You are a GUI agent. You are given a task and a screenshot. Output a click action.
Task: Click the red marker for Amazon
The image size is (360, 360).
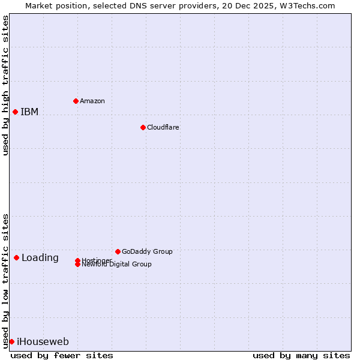(x=76, y=101)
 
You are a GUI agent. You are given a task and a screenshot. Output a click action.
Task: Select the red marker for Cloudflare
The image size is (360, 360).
(x=143, y=127)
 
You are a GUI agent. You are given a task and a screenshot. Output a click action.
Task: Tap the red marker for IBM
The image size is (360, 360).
(x=15, y=112)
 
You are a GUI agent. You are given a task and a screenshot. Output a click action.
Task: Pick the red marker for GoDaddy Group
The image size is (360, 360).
(x=118, y=251)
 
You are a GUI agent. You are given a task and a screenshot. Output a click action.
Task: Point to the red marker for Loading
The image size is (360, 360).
(x=16, y=257)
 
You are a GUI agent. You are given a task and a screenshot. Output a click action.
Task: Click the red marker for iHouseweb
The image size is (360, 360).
(x=11, y=341)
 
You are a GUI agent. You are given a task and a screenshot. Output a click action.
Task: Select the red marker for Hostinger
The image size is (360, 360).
(x=77, y=260)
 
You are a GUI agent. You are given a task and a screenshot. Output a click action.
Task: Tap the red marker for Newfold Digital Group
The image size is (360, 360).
(x=77, y=265)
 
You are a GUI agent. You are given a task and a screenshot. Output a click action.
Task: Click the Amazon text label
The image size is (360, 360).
(x=92, y=101)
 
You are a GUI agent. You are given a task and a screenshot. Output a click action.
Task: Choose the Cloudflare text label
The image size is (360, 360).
(x=163, y=127)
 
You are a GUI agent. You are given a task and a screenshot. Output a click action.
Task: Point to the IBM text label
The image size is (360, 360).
(x=29, y=112)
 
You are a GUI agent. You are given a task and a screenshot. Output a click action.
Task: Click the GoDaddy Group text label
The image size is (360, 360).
(x=147, y=251)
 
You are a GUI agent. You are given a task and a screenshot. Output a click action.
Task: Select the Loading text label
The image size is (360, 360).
(x=40, y=258)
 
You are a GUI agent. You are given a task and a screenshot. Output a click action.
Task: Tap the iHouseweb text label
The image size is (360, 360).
(x=43, y=342)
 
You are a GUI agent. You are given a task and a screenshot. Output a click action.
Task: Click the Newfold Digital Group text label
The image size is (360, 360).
(x=117, y=265)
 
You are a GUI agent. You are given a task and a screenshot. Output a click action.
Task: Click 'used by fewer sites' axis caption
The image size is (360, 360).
(x=62, y=355)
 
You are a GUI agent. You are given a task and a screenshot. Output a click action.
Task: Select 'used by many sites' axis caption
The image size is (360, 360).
(x=301, y=355)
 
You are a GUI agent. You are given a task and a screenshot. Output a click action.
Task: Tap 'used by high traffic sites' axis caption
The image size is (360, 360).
(x=5, y=85)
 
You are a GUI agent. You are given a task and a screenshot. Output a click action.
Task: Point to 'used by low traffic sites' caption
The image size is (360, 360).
(x=5, y=280)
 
